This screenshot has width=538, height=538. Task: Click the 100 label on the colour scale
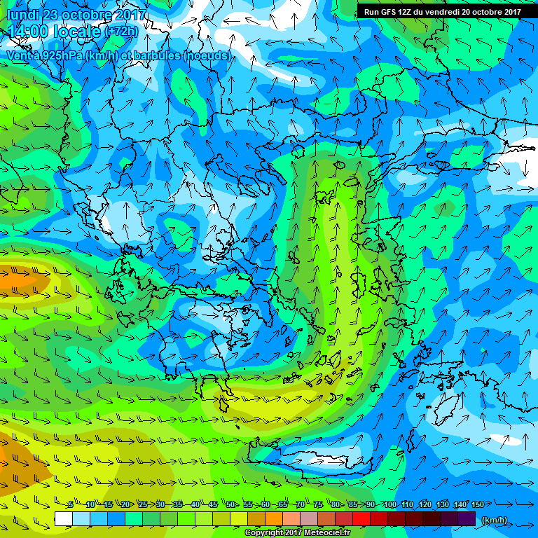[389, 505]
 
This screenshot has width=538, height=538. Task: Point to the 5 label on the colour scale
[71, 505]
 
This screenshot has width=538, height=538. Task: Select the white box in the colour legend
[63, 519]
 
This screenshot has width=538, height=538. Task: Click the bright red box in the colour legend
[361, 519]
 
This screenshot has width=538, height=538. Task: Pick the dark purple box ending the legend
[466, 519]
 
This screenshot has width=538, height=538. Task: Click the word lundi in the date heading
[22, 15]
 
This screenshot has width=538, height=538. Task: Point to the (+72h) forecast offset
[124, 32]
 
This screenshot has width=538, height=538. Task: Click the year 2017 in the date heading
[129, 15]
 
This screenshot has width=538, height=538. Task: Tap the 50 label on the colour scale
[230, 505]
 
